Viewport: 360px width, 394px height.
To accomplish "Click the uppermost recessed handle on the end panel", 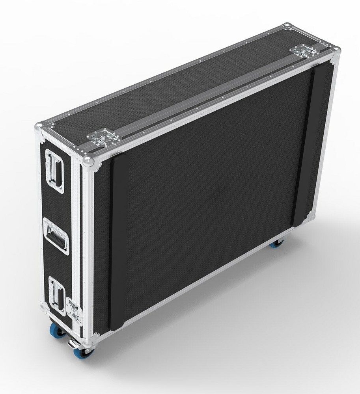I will [x=54, y=171].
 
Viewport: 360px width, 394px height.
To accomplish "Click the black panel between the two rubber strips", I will [x=213, y=189].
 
